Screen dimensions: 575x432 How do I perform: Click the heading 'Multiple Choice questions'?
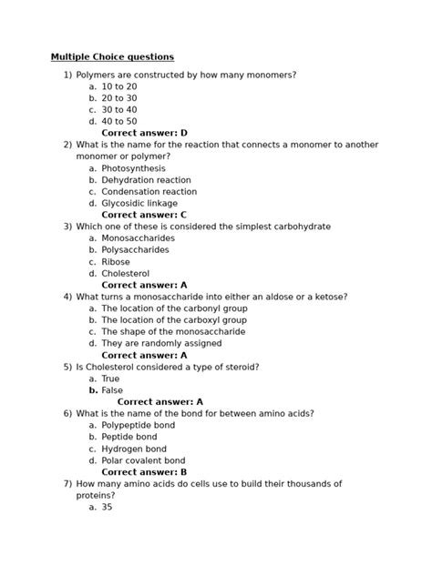[x=112, y=57]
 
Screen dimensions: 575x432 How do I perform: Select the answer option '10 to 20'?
[x=118, y=86]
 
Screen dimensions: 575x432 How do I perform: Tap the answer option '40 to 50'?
[x=118, y=121]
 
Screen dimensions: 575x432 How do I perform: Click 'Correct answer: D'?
[x=144, y=133]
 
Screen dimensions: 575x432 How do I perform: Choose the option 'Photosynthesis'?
[x=133, y=168]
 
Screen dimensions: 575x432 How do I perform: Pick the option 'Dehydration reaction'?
[x=146, y=180]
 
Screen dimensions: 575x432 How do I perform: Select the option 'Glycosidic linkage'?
[x=139, y=204]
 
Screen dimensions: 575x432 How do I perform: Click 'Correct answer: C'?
[x=144, y=216]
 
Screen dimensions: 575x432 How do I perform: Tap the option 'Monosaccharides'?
[x=138, y=238]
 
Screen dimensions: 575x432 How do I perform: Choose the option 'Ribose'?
[x=116, y=262]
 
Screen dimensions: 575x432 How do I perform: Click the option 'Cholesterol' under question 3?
[x=125, y=273]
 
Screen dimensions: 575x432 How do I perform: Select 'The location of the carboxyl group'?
[x=174, y=320]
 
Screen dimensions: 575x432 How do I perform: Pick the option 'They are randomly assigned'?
[x=159, y=344]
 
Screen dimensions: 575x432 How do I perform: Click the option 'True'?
[x=110, y=378]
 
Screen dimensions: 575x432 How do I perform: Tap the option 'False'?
[x=112, y=390]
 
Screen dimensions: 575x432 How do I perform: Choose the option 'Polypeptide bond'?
[x=139, y=425]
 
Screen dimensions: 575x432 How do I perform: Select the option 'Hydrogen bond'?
[x=134, y=449]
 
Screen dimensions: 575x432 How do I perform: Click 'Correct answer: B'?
[x=144, y=472]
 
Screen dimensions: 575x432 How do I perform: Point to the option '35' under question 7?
[x=107, y=508]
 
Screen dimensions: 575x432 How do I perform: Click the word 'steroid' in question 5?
[x=240, y=367]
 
